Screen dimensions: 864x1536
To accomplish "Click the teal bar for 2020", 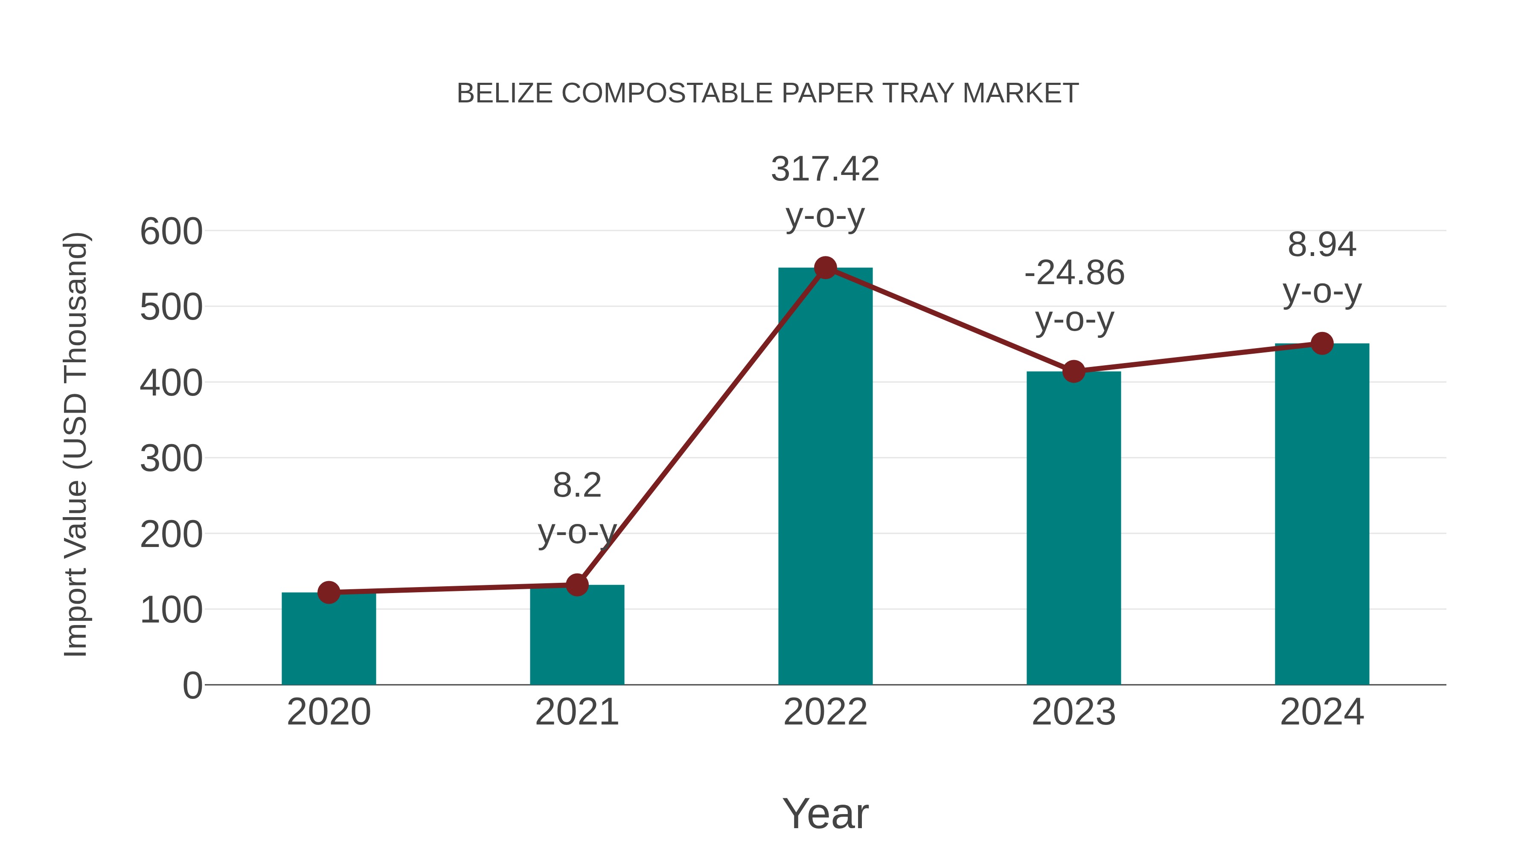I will click(329, 641).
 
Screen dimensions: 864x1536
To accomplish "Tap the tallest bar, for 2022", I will click(825, 477).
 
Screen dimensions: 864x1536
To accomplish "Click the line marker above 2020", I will click(329, 592).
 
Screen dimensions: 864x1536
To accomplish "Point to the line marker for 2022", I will click(825, 268).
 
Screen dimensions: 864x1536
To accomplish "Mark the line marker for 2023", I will click(1073, 372).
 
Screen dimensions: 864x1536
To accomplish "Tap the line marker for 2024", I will click(1322, 343).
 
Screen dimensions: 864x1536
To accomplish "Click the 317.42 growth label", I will click(825, 169).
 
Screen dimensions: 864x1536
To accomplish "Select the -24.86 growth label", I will click(1074, 273).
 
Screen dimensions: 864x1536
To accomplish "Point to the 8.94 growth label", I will click(1322, 245).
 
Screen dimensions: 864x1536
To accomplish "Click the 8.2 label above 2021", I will click(576, 486).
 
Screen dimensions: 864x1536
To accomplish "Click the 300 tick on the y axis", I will click(171, 459).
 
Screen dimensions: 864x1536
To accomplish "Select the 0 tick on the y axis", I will click(192, 686).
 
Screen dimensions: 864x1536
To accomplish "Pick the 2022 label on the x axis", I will click(825, 713).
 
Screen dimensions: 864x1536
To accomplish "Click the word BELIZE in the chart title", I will click(504, 93).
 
